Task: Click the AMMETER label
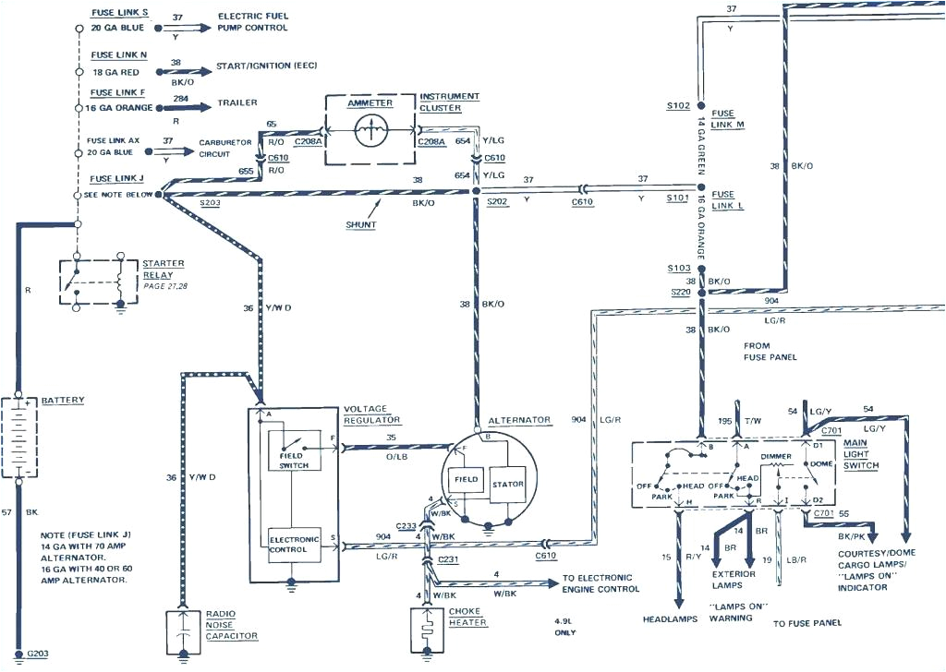370,103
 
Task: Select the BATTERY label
63,401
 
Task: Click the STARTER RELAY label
163,269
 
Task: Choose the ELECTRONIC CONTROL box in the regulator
294,544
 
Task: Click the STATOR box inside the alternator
507,484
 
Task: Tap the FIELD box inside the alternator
465,480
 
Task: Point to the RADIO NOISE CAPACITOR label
231,623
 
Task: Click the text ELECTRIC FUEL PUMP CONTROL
252,22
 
